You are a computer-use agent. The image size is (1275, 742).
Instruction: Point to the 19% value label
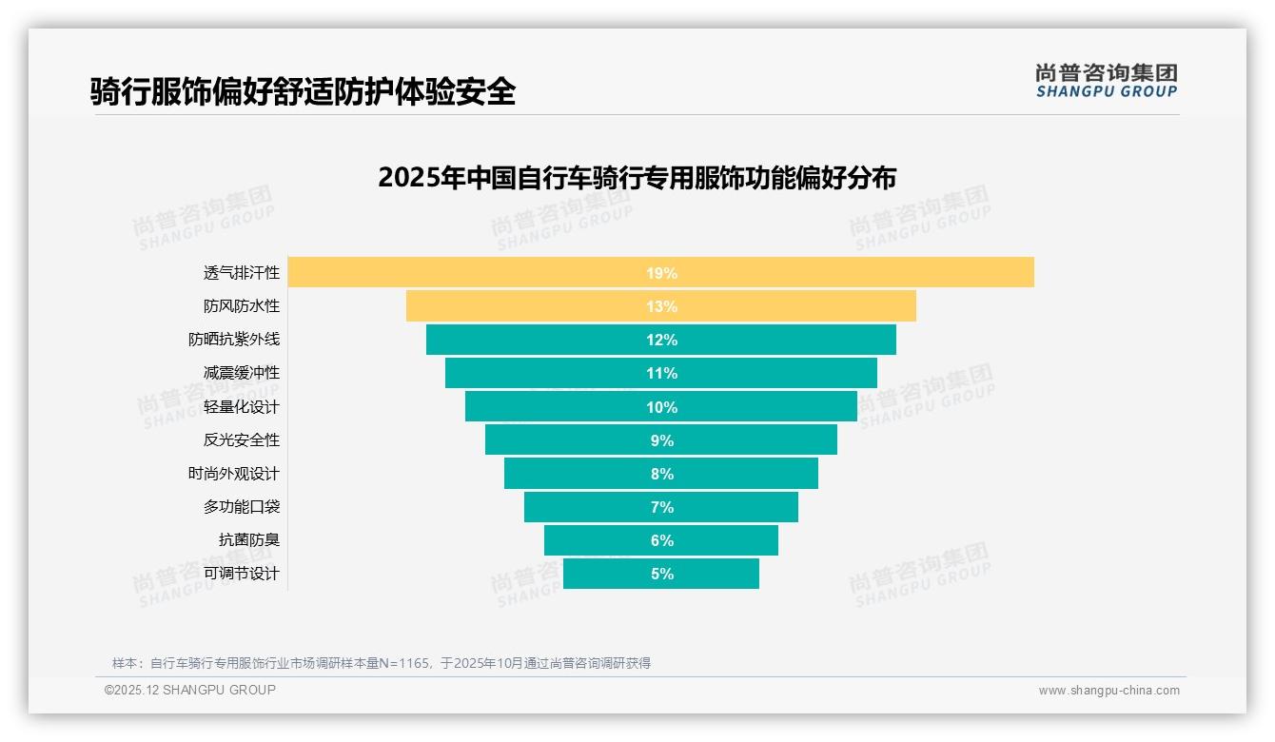click(661, 273)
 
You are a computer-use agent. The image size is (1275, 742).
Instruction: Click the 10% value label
click(661, 407)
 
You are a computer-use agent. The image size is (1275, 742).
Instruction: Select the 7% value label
click(661, 507)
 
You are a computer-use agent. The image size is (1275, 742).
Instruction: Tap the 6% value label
click(661, 540)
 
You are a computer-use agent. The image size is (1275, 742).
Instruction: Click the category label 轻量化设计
click(242, 407)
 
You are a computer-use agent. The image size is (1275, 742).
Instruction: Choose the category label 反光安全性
click(242, 440)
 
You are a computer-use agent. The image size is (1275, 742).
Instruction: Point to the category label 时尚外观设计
click(234, 474)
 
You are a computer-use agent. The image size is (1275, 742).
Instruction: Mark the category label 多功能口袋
click(242, 507)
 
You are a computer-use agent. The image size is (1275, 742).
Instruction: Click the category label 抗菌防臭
click(249, 540)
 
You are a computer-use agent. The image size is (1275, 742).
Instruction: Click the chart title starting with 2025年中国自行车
click(637, 178)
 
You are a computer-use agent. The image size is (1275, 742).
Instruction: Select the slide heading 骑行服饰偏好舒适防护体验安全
click(303, 91)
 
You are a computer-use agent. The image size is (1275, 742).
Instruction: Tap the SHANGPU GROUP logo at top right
click(1106, 81)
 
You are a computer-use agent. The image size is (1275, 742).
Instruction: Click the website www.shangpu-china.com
click(1108, 691)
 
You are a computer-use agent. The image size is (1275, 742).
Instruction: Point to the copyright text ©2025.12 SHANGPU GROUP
click(190, 690)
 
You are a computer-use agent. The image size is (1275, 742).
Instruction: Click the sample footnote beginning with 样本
click(381, 663)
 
